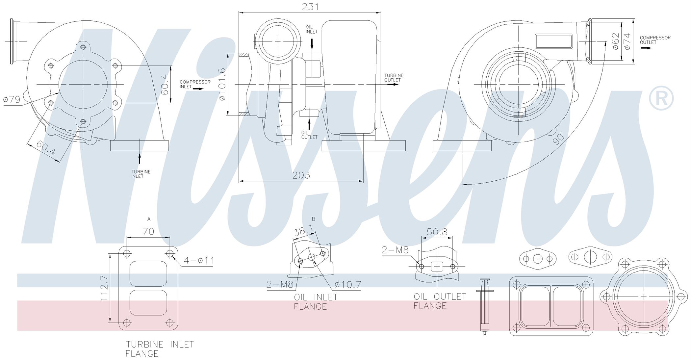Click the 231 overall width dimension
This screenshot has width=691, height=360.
point(310,7)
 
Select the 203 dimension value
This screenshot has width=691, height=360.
point(301,175)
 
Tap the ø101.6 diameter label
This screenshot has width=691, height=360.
point(222,84)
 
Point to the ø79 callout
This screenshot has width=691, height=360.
point(12,99)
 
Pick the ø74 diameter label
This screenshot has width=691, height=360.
point(627,41)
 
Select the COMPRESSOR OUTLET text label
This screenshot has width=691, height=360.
point(655,40)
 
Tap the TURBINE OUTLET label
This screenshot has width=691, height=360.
point(394,78)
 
